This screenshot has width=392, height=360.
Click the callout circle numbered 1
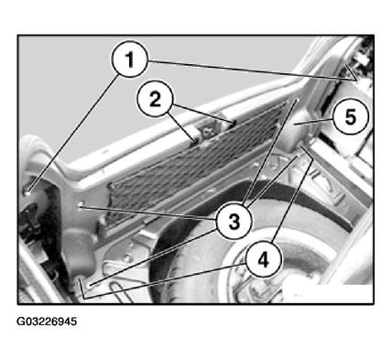(130, 60)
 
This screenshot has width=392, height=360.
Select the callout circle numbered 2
(155, 99)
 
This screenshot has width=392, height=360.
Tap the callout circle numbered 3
(234, 222)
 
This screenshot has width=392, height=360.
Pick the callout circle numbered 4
(263, 260)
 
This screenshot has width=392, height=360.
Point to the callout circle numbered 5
(351, 116)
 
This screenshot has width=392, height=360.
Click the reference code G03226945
(47, 322)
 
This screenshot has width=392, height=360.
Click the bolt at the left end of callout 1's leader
(27, 192)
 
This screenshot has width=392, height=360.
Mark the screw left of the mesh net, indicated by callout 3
(81, 207)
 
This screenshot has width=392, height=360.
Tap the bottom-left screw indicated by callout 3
(91, 285)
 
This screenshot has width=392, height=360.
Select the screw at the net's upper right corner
(297, 100)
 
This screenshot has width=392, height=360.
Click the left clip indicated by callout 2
(195, 140)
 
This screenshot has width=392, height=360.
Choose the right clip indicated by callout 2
(233, 123)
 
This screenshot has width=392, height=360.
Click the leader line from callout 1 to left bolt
(73, 133)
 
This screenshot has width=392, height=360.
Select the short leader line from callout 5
(313, 122)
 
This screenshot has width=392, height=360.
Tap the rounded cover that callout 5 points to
(295, 130)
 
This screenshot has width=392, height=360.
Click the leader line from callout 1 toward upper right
(253, 71)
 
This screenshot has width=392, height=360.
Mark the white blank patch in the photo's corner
(327, 294)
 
